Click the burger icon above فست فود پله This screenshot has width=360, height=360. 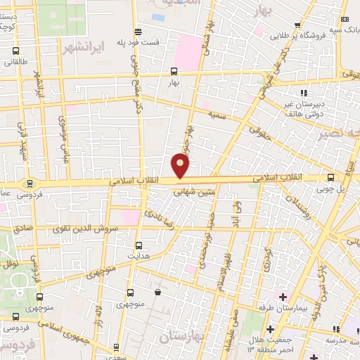click(x=138, y=31)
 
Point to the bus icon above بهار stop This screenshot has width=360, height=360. click(x=174, y=70)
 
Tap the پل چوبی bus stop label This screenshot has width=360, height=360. click(x=330, y=188)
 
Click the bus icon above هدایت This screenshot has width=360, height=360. click(x=138, y=245)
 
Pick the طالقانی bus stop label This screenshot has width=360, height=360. click(x=15, y=62)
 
